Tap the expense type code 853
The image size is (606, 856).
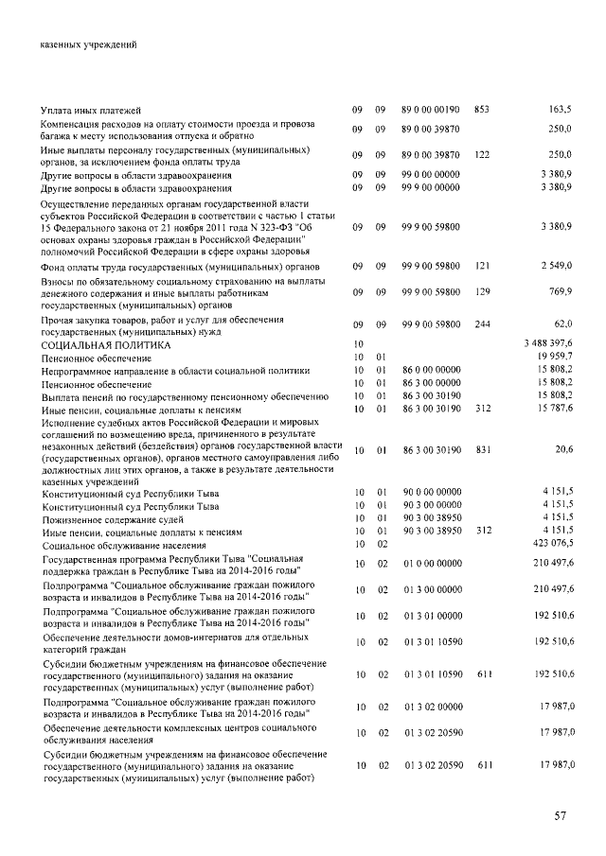click(x=481, y=111)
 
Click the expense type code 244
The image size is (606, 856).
click(x=481, y=324)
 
